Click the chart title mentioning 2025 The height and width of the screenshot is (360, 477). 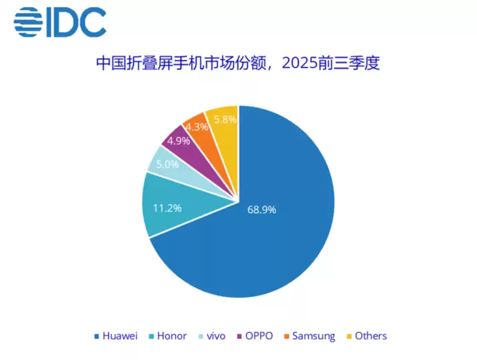pyautogui.click(x=238, y=64)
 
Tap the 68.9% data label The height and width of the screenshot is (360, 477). pyautogui.click(x=261, y=209)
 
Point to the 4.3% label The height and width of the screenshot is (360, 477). pyautogui.click(x=197, y=127)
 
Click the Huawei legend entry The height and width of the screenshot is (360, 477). pyautogui.click(x=115, y=336)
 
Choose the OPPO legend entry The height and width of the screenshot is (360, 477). pyautogui.click(x=255, y=336)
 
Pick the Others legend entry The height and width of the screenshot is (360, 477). pyautogui.click(x=366, y=336)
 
